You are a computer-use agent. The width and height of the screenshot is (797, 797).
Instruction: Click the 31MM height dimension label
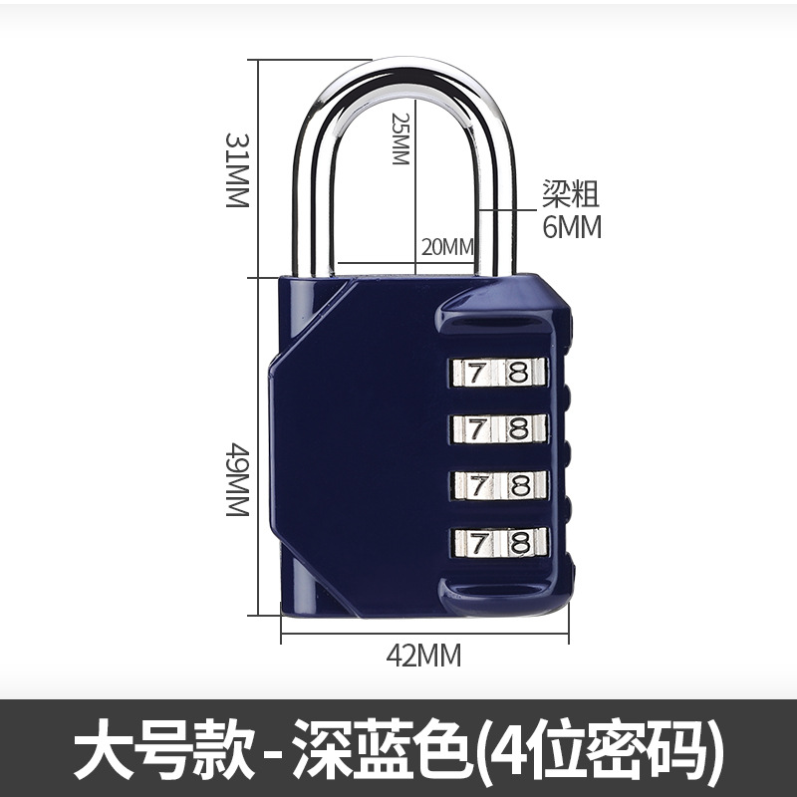(235, 170)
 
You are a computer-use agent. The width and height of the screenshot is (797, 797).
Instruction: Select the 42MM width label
(424, 655)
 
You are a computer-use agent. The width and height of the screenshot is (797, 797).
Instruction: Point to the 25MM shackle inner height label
(400, 138)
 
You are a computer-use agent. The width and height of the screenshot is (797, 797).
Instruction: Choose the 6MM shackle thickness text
(572, 227)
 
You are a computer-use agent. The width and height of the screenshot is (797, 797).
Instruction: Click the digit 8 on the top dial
(518, 374)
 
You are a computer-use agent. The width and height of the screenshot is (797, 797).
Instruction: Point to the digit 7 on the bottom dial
(478, 542)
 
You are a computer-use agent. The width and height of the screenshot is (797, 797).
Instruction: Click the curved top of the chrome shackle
(406, 76)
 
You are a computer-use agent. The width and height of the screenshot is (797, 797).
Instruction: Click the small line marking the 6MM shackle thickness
(508, 210)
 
